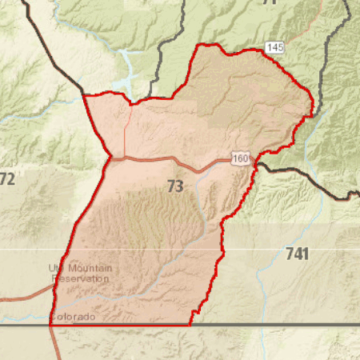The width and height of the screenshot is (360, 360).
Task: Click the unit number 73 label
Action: coord(175,186)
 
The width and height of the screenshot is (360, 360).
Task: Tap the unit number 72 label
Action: coord(7,179)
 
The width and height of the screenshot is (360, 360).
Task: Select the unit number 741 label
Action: coord(297,254)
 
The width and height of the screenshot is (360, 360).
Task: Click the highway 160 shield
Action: coord(240,158)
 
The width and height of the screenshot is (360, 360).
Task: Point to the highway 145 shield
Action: coord(275,48)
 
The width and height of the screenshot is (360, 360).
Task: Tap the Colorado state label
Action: coord(73,317)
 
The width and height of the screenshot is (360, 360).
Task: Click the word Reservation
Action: coord(80,278)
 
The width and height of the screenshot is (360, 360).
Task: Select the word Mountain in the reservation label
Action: coord(90,268)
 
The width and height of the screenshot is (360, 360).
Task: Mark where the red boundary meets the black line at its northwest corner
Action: coord(83,94)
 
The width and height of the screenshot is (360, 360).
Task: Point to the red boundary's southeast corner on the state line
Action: coord(190,325)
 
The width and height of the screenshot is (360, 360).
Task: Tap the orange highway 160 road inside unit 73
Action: coord(160,159)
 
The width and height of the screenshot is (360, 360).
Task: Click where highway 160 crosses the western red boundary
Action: coord(110,158)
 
